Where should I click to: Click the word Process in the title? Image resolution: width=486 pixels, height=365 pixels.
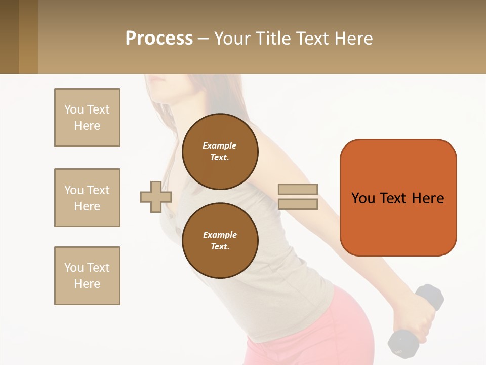(159, 39)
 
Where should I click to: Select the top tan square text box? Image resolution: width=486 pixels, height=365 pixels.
(87, 118)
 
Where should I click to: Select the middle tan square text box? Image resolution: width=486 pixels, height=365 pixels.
(87, 198)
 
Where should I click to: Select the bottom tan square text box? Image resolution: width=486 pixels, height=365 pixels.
(87, 276)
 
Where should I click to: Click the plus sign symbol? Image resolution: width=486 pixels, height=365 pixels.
(156, 197)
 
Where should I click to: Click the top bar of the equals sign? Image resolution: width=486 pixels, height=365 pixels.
(298, 190)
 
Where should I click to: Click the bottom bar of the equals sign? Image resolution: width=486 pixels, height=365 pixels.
(298, 204)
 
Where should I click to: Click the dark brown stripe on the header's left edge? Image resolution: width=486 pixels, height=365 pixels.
(9, 36)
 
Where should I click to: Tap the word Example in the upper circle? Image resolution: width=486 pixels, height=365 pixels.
(219, 145)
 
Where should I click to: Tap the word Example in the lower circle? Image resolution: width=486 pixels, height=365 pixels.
(220, 235)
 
